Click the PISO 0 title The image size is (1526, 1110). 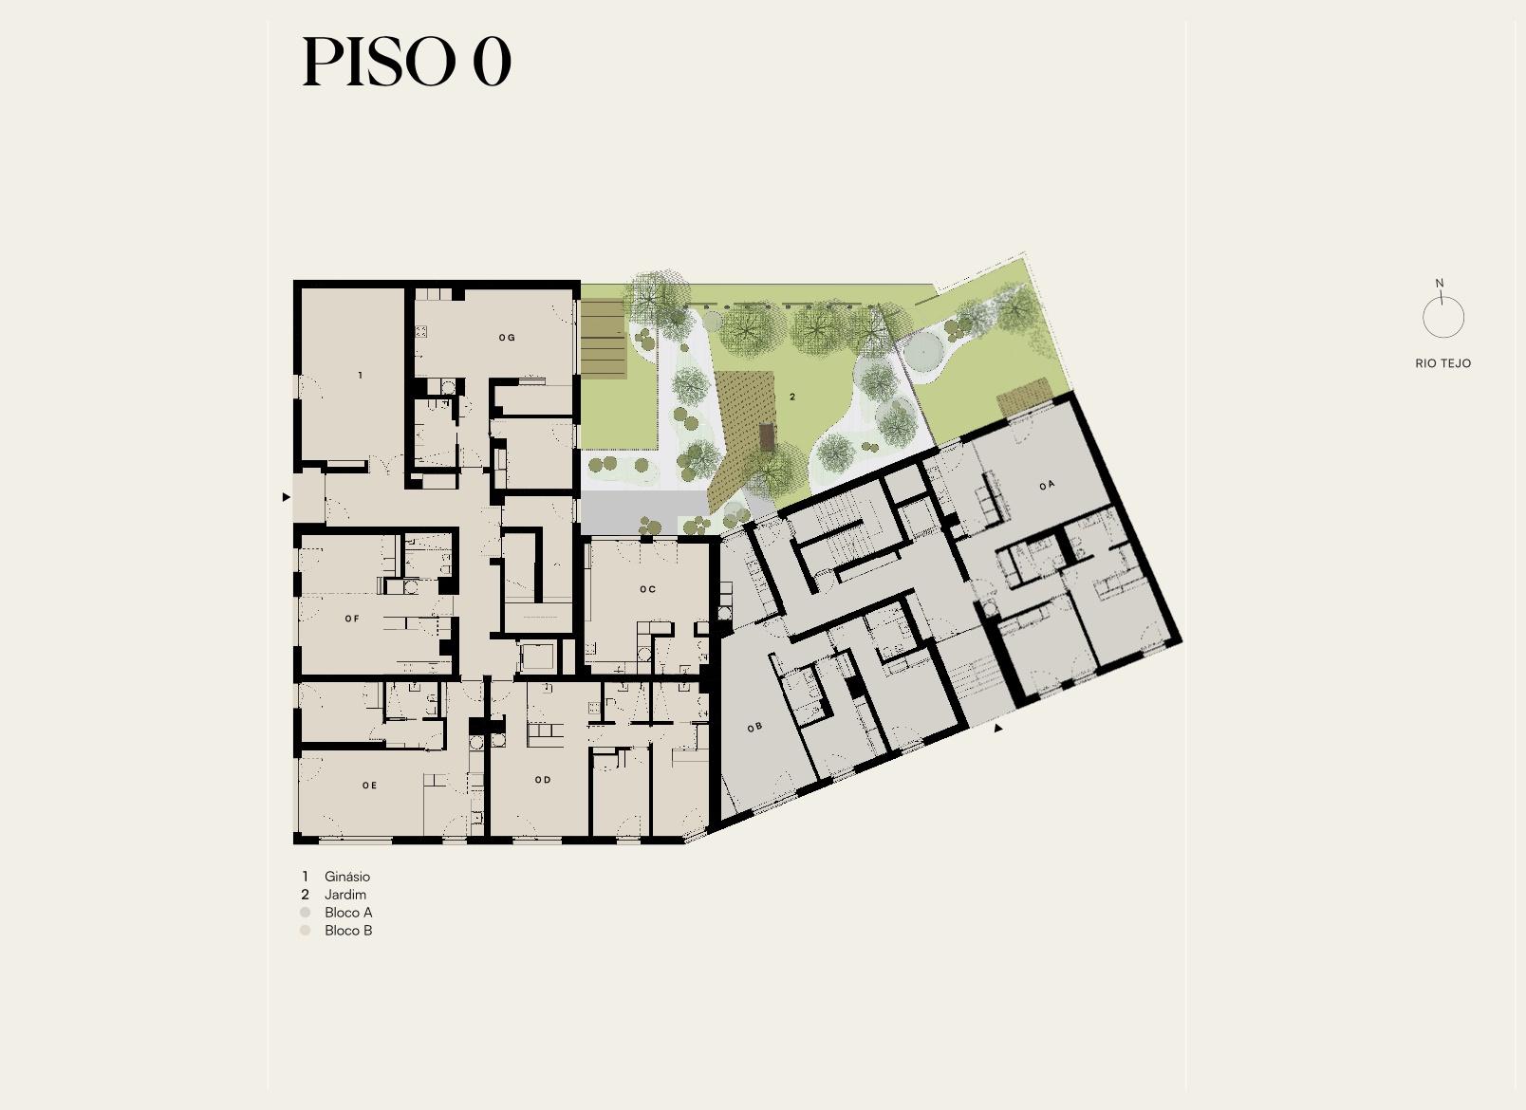(x=406, y=62)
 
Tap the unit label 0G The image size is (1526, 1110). (x=507, y=338)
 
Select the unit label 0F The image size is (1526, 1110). (x=352, y=619)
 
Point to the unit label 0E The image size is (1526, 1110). (x=369, y=786)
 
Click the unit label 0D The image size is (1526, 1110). (x=543, y=780)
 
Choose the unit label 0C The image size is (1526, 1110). (x=648, y=589)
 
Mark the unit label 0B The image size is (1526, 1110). (x=754, y=728)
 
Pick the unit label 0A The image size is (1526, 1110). (x=1048, y=485)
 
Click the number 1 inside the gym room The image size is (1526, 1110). (x=361, y=376)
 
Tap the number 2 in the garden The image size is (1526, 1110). (x=792, y=397)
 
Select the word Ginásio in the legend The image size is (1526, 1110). (x=347, y=877)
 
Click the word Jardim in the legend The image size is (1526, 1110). (x=345, y=894)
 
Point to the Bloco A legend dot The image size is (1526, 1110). (x=306, y=913)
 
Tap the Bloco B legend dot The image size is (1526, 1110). (x=306, y=931)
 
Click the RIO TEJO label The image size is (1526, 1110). (x=1442, y=363)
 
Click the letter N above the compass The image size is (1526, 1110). (x=1440, y=283)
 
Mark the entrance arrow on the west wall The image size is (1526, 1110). (x=287, y=497)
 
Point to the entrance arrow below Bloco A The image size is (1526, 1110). (x=998, y=728)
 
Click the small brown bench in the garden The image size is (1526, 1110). (x=767, y=436)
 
